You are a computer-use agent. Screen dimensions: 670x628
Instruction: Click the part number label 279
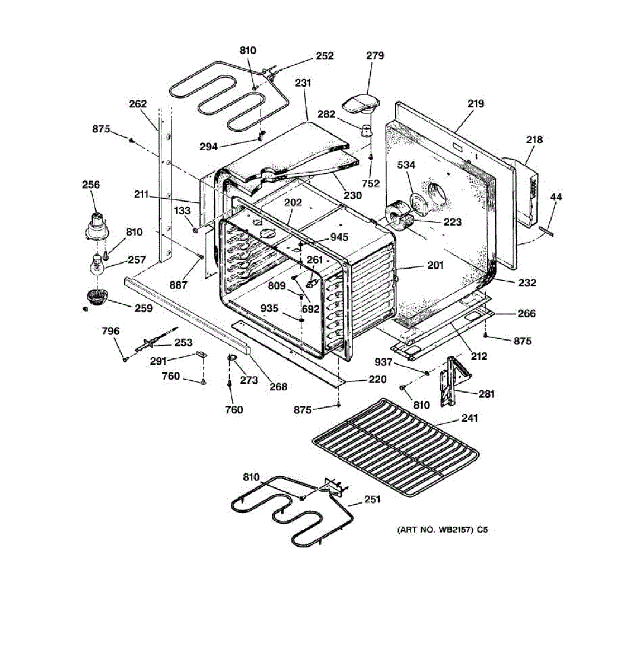point(375,56)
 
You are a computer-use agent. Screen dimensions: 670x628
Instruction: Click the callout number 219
point(476,103)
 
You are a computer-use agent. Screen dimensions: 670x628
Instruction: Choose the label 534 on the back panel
point(406,165)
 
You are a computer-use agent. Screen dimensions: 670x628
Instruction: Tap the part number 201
point(435,265)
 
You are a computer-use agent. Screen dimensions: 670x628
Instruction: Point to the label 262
point(137,104)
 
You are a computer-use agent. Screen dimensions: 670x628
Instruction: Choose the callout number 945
point(339,237)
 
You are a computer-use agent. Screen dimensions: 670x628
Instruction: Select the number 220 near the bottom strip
point(377,380)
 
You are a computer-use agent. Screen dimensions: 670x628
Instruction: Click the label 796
point(111,331)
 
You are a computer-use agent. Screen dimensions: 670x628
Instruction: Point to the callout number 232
point(526,283)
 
